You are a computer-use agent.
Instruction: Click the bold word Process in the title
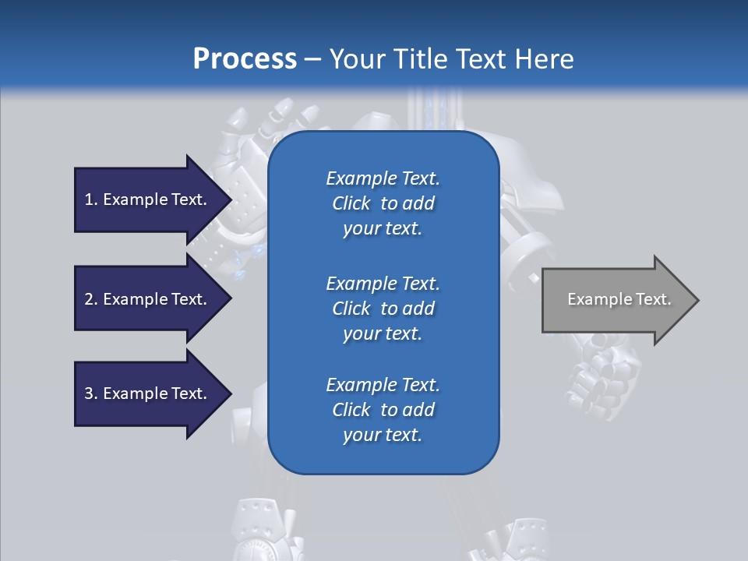[245, 59]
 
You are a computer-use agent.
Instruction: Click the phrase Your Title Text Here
[451, 59]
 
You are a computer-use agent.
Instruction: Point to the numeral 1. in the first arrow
[91, 199]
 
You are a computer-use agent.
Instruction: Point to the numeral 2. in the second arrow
[91, 299]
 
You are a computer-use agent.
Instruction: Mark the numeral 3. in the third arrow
[91, 393]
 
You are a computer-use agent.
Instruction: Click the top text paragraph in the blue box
[383, 203]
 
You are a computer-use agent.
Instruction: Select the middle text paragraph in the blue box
[383, 309]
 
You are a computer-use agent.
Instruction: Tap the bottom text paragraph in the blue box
[383, 410]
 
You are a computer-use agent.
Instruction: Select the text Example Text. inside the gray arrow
[619, 299]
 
